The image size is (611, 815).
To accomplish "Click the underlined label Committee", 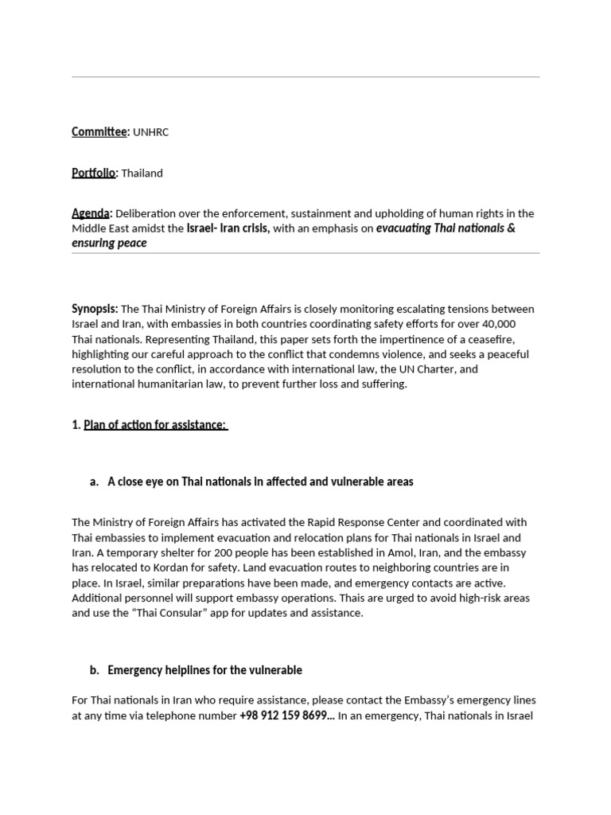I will tap(99, 132).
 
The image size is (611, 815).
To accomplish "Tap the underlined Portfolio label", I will tap(94, 173).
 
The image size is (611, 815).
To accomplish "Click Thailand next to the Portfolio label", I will tap(142, 174).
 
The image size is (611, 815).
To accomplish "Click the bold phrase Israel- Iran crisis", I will tap(228, 228).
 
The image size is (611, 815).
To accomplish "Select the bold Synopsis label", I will tap(95, 309).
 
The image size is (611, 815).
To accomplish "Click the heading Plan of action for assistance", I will tap(155, 425).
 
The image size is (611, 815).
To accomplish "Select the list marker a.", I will tap(94, 482).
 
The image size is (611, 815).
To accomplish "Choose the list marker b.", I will tap(94, 670).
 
